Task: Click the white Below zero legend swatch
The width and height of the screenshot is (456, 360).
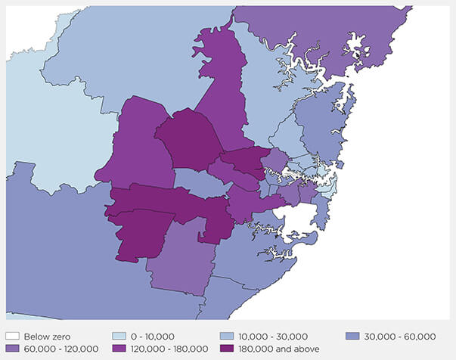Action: [x=12, y=336]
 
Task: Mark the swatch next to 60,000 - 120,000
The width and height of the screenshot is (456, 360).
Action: [x=12, y=348]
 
